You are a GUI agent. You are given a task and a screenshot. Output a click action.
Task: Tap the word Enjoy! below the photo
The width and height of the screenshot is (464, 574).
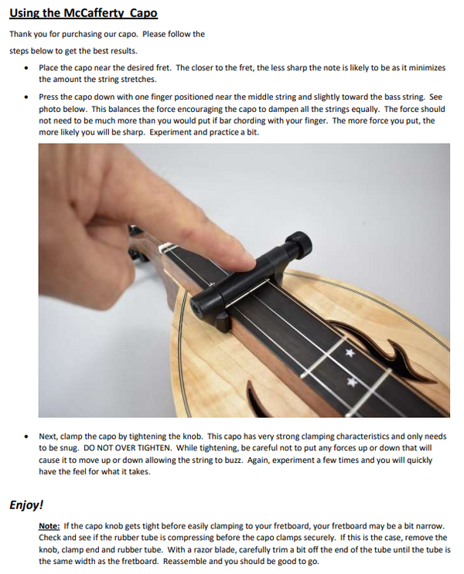[x=26, y=505]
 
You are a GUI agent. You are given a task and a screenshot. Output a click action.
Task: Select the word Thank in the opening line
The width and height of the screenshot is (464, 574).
[x=22, y=34]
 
